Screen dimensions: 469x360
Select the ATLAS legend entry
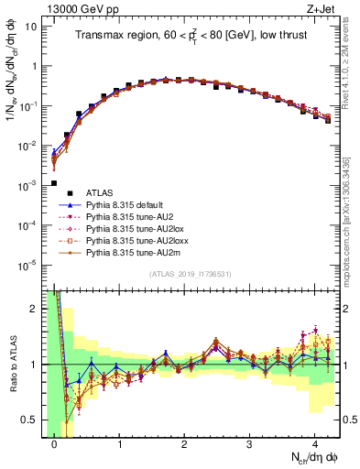pos(100,193)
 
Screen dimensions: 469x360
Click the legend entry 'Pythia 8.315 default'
pos(133,207)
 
